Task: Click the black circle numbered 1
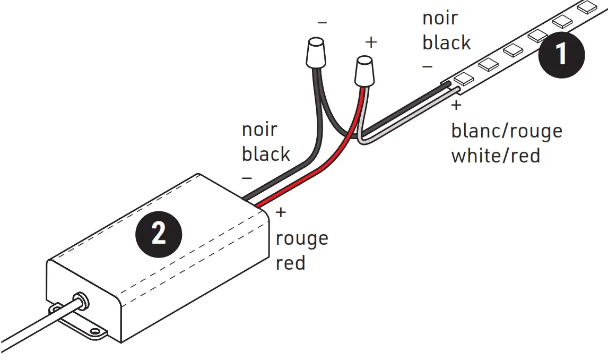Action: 561,55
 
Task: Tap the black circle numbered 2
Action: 159,233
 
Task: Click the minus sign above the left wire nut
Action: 322,23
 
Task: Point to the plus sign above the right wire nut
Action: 371,42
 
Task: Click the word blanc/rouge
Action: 506,131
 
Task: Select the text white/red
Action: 495,156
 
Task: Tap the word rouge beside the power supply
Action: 302,238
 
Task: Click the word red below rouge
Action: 291,263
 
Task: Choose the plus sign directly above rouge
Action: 281,213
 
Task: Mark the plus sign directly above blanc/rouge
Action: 456,106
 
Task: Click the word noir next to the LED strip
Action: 440,18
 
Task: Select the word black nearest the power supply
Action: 266,154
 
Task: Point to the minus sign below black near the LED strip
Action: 428,67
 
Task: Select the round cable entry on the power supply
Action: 81,301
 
